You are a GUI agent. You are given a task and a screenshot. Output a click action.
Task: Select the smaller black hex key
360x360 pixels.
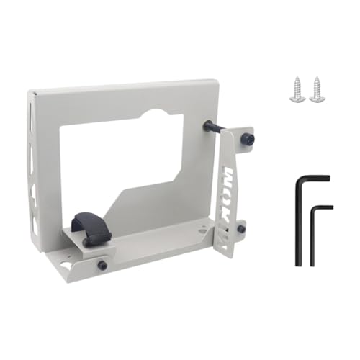[313, 234]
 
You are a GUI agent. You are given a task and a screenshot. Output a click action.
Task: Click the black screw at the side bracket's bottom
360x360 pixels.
[241, 229]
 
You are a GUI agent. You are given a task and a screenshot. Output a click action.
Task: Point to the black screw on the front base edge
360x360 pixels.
[102, 265]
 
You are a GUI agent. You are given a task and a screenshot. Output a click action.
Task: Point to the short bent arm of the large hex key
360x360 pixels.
[312, 178]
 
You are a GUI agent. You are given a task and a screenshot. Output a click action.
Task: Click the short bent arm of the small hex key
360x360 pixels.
[322, 208]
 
